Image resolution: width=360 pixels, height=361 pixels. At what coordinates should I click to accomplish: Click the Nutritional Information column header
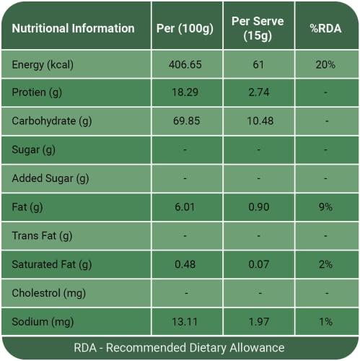74,29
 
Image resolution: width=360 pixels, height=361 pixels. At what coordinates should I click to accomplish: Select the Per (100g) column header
185,29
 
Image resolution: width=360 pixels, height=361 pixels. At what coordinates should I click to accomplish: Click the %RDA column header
325,29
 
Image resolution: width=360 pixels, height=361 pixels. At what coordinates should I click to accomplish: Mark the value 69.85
185,121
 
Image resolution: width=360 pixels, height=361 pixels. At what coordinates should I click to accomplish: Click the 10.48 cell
258,121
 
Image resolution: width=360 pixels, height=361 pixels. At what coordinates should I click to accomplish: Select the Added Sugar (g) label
51,178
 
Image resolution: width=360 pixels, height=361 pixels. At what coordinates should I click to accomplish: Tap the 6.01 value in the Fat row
185,207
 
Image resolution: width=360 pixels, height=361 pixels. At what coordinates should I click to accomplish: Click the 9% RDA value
325,207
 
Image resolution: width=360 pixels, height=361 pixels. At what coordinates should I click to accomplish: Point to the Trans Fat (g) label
43,235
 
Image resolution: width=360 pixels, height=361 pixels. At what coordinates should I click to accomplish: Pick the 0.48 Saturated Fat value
185,264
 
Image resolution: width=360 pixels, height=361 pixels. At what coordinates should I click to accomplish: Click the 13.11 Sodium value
185,321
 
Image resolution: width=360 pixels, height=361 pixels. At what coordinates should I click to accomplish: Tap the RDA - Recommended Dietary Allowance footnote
179,347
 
